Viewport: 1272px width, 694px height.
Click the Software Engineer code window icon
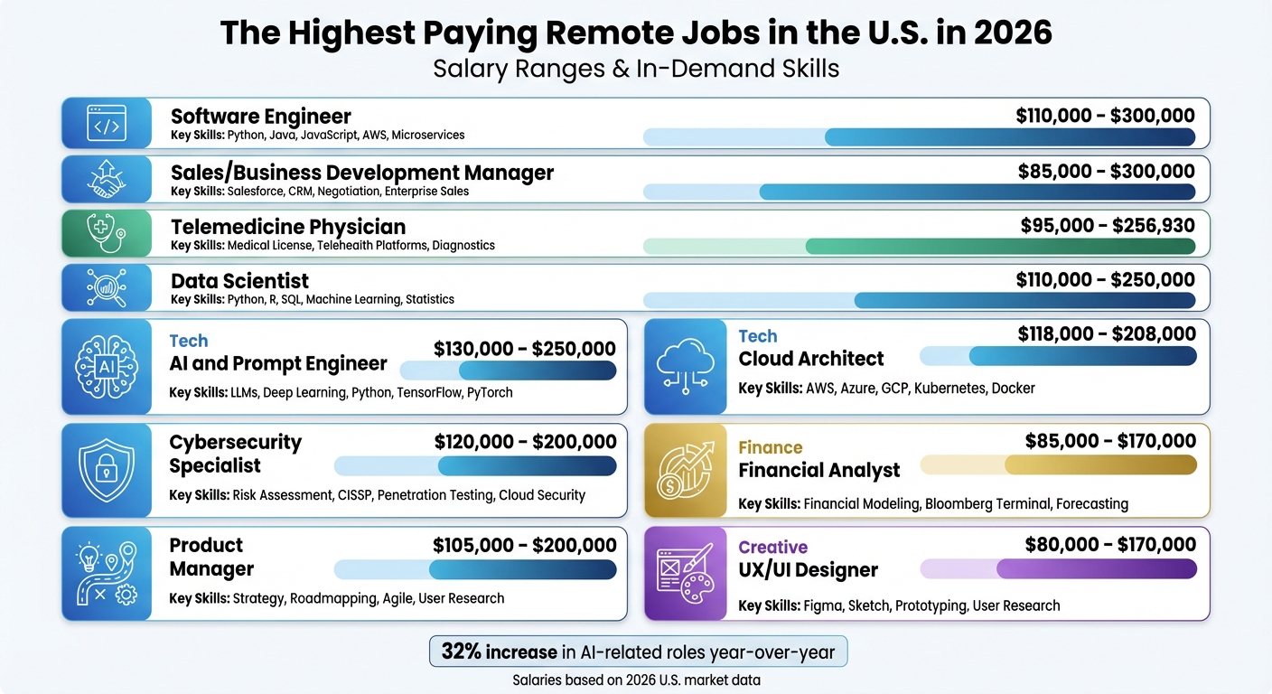107,124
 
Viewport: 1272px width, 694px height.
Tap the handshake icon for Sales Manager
107,178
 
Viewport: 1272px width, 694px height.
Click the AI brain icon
107,366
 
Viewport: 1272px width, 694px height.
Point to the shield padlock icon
107,470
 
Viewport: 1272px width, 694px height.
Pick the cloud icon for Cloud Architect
685,366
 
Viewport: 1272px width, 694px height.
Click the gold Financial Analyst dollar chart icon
685,470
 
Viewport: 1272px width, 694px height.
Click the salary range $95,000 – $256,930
1107,226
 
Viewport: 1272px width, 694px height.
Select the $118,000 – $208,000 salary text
1107,334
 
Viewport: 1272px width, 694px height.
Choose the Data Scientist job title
239,281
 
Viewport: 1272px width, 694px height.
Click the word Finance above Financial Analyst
770,447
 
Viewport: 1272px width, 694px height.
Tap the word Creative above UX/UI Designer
772,548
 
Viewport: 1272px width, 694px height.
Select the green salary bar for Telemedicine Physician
999,247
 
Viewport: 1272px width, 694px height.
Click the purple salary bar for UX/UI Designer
1096,568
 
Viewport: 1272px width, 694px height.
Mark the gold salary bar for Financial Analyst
1099,464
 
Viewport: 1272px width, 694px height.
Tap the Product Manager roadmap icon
107,574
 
